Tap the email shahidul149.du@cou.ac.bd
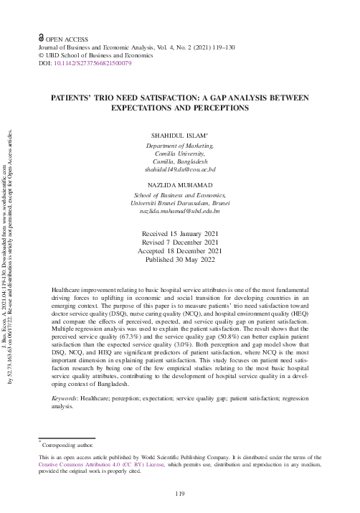[x=180, y=169]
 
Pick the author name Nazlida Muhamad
[x=180, y=186]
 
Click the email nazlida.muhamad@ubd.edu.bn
[x=180, y=212]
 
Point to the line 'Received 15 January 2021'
[x=179, y=234]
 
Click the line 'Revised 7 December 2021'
[x=179, y=243]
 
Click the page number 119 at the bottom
[x=180, y=494]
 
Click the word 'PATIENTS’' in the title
[x=73, y=98]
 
